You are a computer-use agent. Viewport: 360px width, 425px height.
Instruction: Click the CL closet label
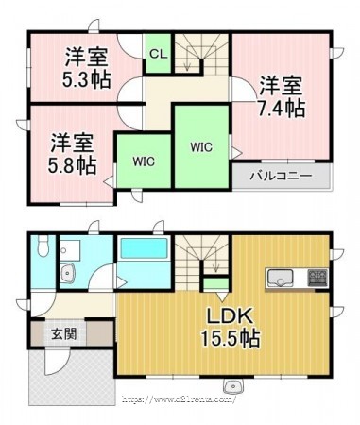[158, 54]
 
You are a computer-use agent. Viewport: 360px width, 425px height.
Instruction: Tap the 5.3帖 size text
[87, 79]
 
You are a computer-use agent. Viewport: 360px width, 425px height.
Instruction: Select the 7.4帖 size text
[282, 108]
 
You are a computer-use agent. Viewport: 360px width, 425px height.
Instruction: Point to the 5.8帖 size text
[73, 166]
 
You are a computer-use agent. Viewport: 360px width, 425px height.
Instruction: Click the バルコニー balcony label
[281, 176]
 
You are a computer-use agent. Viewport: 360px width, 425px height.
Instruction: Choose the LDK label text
[230, 316]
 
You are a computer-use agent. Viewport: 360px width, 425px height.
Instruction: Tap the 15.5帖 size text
[231, 339]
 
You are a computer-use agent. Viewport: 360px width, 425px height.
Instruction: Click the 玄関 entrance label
[64, 333]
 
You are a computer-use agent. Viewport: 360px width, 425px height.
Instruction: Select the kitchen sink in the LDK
[280, 278]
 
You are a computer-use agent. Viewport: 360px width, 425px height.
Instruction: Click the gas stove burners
[317, 278]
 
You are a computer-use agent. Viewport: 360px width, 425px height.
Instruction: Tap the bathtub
[144, 248]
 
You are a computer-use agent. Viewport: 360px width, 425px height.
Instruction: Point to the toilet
[42, 245]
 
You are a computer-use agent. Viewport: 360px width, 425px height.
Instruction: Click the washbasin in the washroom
[67, 273]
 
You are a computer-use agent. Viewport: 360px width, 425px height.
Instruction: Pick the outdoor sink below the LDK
[233, 385]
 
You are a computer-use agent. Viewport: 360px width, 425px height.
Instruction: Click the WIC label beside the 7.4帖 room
[201, 147]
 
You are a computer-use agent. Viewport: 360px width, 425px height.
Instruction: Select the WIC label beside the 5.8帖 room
[144, 161]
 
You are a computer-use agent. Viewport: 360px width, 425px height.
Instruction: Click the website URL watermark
[179, 399]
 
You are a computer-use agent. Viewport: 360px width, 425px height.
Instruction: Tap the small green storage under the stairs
[216, 284]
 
